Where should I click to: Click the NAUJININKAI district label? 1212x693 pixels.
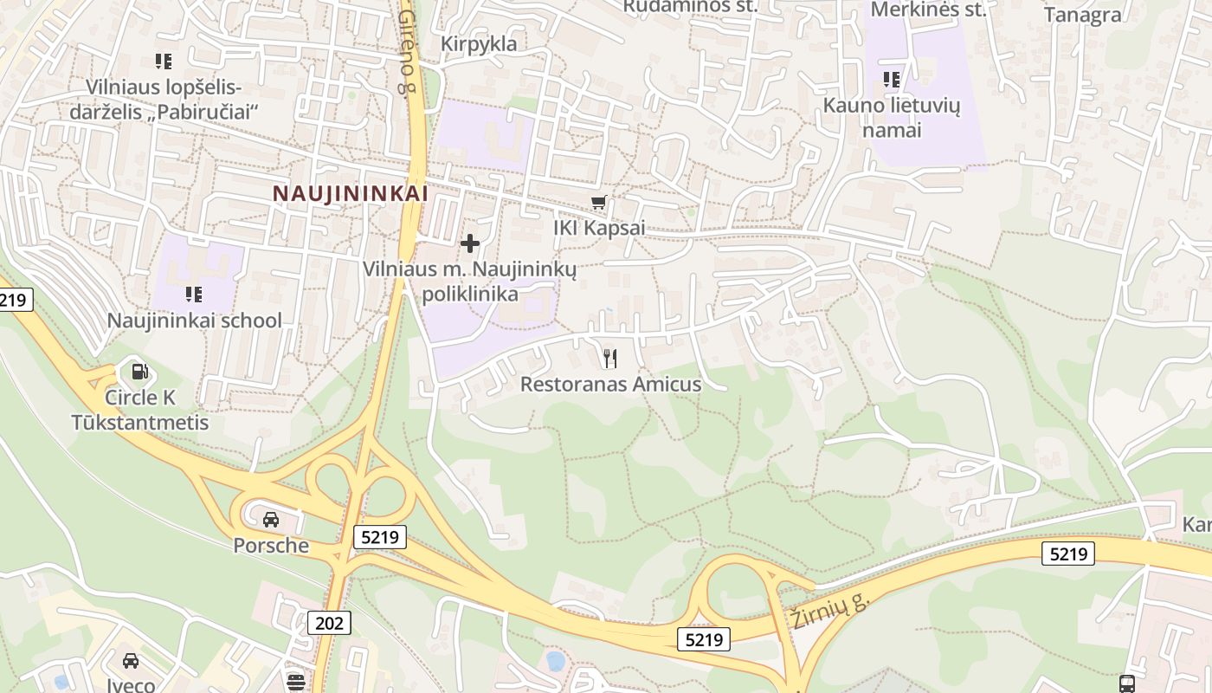point(351,193)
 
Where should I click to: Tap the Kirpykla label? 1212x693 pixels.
point(478,43)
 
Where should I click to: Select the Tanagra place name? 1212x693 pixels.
point(1082,15)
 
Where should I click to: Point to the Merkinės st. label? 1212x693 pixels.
point(928,10)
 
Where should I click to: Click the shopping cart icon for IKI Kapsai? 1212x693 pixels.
point(598,204)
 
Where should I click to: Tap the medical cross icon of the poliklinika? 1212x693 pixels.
point(470,243)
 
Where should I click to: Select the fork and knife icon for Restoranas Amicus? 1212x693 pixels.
point(610,358)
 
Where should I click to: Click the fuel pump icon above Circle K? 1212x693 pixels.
point(139,372)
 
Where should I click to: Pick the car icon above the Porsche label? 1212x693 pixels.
point(271,519)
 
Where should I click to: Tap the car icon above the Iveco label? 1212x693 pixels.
point(131,661)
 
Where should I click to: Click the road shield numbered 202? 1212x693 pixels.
point(329,622)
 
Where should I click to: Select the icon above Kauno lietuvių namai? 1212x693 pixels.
point(892,81)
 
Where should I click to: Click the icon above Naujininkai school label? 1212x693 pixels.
point(194,295)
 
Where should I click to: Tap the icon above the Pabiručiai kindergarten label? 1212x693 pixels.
point(163,62)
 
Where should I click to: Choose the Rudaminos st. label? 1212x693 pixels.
point(690,6)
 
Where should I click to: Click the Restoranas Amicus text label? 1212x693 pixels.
point(610,384)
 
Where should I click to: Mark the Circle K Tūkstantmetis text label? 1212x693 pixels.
point(140,411)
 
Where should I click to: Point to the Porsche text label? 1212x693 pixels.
point(271,545)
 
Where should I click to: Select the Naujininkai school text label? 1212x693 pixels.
point(194,321)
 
